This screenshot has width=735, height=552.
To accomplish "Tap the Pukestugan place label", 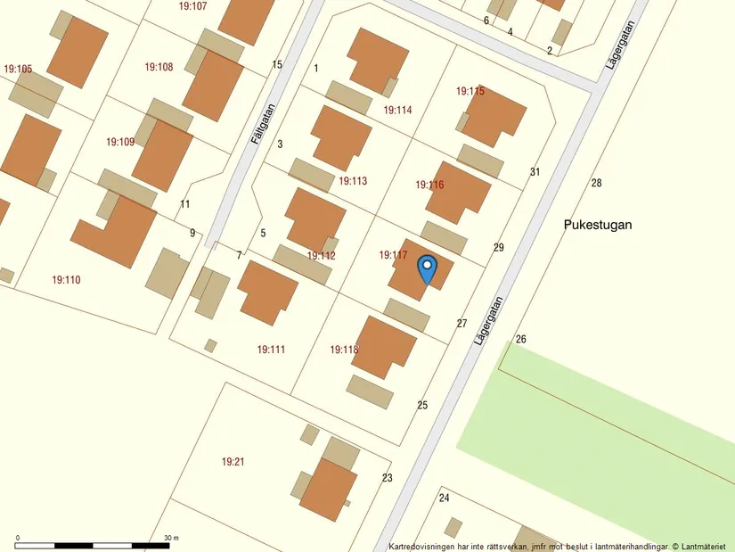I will tap(598, 225).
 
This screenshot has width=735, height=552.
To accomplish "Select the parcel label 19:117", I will tap(393, 255).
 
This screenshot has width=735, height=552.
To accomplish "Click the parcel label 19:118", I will tap(344, 350).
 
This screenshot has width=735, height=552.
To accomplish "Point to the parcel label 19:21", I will tap(233, 461).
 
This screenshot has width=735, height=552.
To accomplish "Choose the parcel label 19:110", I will tap(66, 280).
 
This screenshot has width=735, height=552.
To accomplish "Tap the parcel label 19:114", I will tap(397, 110).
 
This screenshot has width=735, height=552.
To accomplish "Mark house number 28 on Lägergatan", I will tap(596, 183).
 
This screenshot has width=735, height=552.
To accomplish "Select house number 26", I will tap(521, 339).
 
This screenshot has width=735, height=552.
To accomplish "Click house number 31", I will tap(535, 171).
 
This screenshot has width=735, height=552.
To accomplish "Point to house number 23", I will tap(387, 478).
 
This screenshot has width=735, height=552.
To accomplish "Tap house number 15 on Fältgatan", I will tap(277, 64).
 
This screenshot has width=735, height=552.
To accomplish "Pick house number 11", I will tap(184, 204).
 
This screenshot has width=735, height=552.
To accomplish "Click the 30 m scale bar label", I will tap(171, 538).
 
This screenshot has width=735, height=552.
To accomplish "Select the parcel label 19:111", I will tap(271, 350).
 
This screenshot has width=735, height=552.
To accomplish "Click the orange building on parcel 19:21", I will tap(328, 490).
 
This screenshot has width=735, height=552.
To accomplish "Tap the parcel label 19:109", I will tap(120, 142).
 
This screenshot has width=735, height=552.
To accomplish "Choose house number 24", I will tap(444, 498).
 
